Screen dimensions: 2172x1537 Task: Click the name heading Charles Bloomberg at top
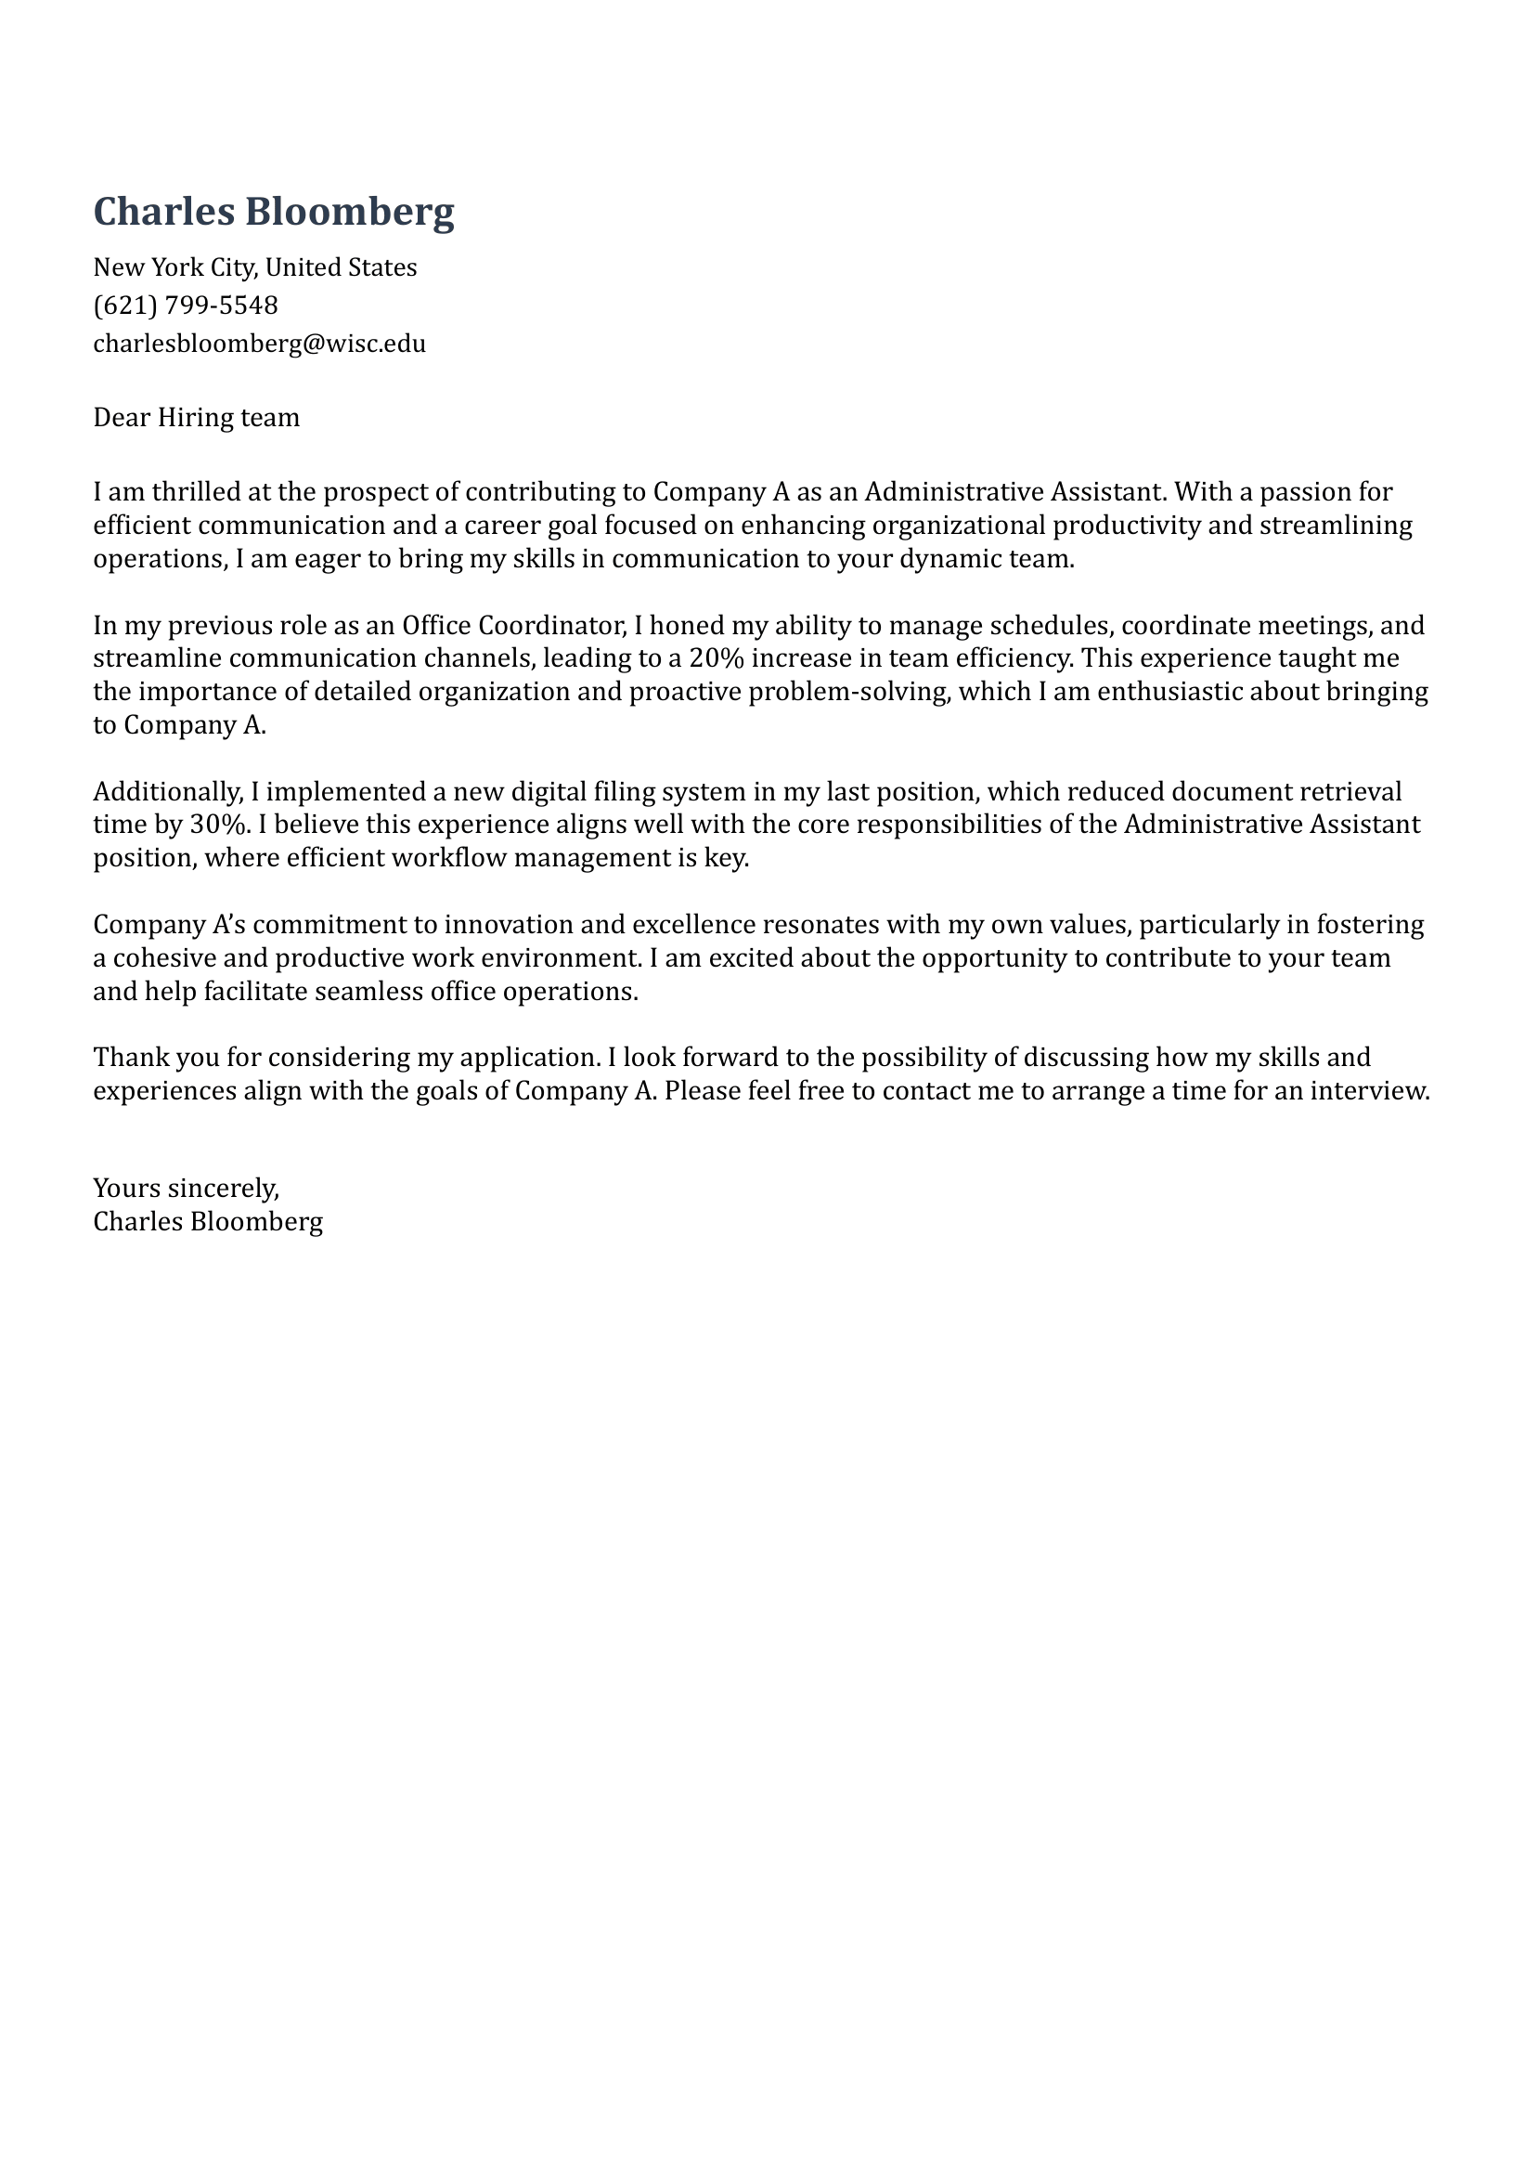tap(274, 211)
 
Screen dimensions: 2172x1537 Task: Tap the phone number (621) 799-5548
tap(186, 305)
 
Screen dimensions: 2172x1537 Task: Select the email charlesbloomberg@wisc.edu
tap(259, 343)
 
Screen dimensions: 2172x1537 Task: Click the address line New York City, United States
tap(254, 267)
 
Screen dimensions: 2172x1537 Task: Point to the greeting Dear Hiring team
tap(196, 418)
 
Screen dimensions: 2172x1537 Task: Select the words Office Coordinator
tap(509, 625)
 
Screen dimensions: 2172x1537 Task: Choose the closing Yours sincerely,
tap(186, 1188)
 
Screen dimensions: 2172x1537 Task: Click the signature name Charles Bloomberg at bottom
tap(207, 1221)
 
